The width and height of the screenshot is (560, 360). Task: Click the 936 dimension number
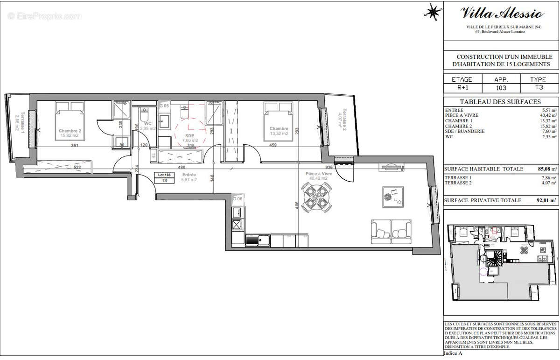(x=329, y=167)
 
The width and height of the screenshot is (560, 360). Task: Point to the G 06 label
(x=238, y=199)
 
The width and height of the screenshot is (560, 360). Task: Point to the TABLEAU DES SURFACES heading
(x=500, y=102)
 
